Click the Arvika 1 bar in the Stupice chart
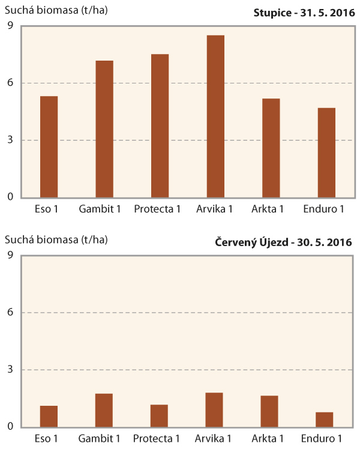pos(215,116)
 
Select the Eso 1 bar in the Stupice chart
pos(49,147)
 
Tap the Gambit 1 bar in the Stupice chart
pos(104,129)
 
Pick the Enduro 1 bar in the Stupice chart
pos(326,153)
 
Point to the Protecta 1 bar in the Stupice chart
pos(160,126)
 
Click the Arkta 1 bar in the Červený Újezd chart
pos(269,411)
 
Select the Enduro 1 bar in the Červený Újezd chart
pos(325,420)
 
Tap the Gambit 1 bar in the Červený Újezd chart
pos(103,410)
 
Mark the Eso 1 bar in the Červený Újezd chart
pos(49,416)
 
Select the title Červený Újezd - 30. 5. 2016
pos(283,243)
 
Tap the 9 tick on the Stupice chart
pos(10,25)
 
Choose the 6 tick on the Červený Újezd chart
pos(10,312)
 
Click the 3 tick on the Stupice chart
pos(10,140)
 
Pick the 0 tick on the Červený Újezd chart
pos(10,427)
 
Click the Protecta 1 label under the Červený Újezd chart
pos(157,438)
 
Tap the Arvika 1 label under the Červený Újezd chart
pos(214,438)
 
